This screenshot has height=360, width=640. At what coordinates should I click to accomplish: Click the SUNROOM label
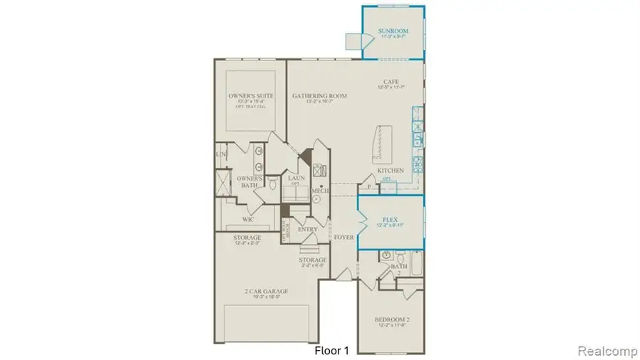tap(392, 32)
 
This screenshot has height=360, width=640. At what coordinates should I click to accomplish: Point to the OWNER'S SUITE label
tap(247, 95)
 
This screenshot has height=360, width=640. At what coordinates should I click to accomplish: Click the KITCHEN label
tap(390, 171)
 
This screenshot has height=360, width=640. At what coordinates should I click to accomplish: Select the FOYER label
tap(344, 237)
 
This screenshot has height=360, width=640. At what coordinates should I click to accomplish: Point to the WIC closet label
tap(248, 220)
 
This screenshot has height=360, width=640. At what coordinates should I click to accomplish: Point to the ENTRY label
tap(308, 230)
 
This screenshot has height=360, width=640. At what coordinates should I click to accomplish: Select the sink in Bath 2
tap(385, 255)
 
